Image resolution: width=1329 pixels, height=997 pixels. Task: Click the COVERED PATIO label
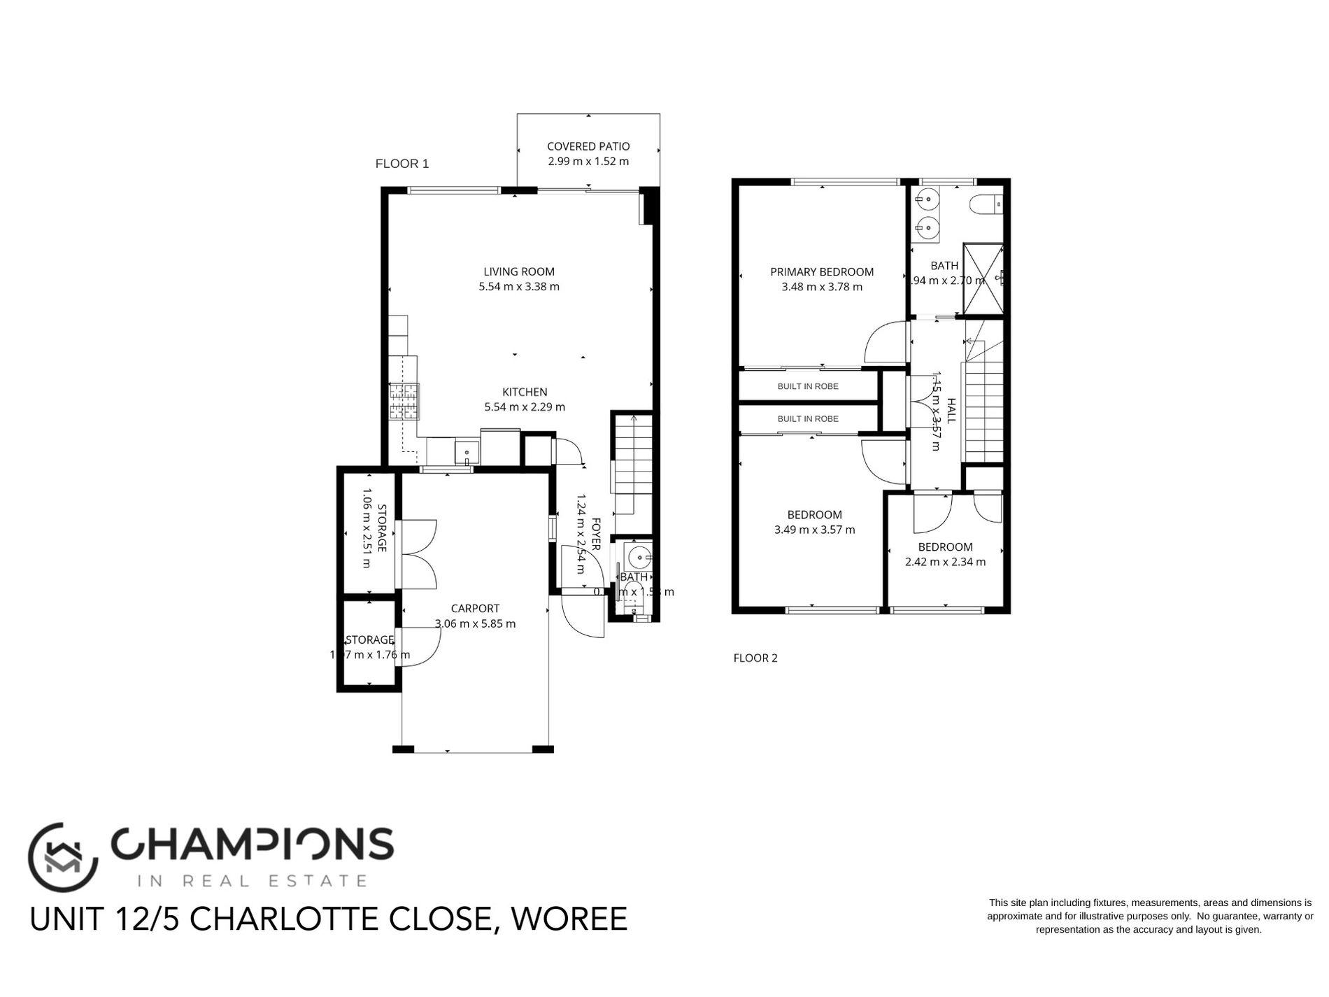click(x=588, y=146)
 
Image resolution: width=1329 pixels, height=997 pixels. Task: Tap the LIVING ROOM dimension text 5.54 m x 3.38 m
click(x=519, y=287)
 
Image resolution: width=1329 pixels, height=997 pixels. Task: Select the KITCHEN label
click(x=525, y=392)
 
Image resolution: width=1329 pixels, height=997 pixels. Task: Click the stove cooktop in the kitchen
click(x=404, y=402)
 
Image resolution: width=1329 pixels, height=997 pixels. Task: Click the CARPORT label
click(x=475, y=609)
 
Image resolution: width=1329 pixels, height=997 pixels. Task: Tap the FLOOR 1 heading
click(x=402, y=164)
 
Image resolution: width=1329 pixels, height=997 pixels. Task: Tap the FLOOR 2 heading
click(x=755, y=658)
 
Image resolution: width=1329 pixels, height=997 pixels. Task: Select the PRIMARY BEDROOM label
click(x=822, y=271)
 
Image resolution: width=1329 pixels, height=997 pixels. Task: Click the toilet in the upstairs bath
click(x=986, y=205)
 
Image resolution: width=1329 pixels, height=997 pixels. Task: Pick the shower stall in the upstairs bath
click(x=983, y=278)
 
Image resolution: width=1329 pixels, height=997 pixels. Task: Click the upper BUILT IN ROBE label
click(x=808, y=386)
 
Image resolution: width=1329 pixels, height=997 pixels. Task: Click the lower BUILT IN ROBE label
click(x=808, y=419)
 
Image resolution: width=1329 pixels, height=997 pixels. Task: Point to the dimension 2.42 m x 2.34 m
click(x=945, y=562)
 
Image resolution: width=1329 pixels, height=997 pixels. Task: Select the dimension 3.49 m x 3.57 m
click(x=814, y=530)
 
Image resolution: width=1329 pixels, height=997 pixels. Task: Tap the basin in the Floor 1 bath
click(x=639, y=558)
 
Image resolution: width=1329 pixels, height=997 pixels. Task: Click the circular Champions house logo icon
click(x=62, y=857)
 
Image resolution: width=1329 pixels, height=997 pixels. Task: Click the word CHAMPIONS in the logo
click(x=253, y=844)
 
